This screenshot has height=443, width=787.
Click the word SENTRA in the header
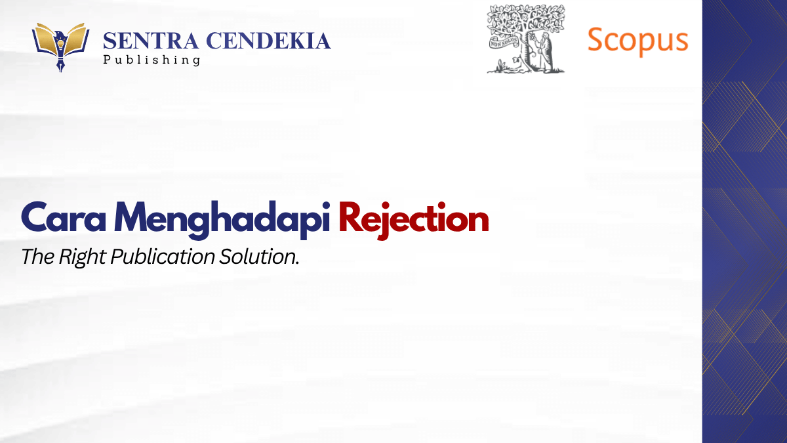click(x=151, y=41)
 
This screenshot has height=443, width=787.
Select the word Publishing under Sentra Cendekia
click(x=151, y=60)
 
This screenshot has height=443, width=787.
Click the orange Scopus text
click(x=637, y=41)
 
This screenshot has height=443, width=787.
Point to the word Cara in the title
click(x=64, y=217)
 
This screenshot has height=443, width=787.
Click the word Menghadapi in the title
click(x=222, y=220)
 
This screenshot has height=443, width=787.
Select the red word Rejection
click(x=414, y=220)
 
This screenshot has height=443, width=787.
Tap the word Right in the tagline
click(x=82, y=257)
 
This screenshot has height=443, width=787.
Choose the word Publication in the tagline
click(x=163, y=257)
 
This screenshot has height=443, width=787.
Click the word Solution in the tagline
click(x=258, y=257)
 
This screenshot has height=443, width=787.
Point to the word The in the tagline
click(x=37, y=257)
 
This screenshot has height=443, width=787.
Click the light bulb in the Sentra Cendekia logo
click(x=60, y=44)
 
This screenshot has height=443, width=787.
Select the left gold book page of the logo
click(x=46, y=39)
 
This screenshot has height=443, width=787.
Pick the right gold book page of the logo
click(x=75, y=39)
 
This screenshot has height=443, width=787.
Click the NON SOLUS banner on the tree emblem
click(x=504, y=43)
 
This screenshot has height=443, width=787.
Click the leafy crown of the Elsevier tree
click(x=526, y=20)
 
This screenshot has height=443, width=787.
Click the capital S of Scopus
click(x=597, y=39)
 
